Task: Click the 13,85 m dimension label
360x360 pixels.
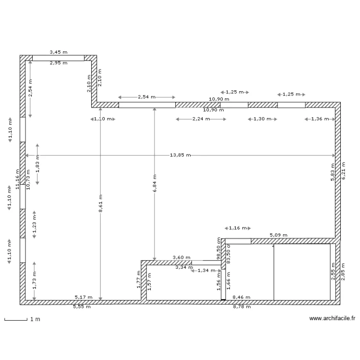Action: pyautogui.click(x=180, y=155)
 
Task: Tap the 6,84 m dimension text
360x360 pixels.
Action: pyautogui.click(x=154, y=183)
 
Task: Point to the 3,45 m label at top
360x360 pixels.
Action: pyautogui.click(x=59, y=51)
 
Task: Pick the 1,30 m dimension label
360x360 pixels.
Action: pyautogui.click(x=262, y=119)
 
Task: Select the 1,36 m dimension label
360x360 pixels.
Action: pyautogui.click(x=320, y=119)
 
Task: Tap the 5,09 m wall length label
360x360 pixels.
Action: pyautogui.click(x=278, y=235)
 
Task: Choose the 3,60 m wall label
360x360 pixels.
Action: pyautogui.click(x=181, y=258)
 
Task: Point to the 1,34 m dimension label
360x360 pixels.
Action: pyautogui.click(x=206, y=271)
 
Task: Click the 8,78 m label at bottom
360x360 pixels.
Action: pyautogui.click(x=241, y=307)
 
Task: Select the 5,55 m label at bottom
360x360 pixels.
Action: pyautogui.click(x=82, y=307)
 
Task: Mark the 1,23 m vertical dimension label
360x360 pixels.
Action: pyautogui.click(x=34, y=224)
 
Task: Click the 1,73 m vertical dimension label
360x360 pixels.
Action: pyautogui.click(x=34, y=281)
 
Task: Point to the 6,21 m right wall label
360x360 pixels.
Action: pyautogui.click(x=343, y=170)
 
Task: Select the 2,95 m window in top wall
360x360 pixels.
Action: pyautogui.click(x=58, y=58)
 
